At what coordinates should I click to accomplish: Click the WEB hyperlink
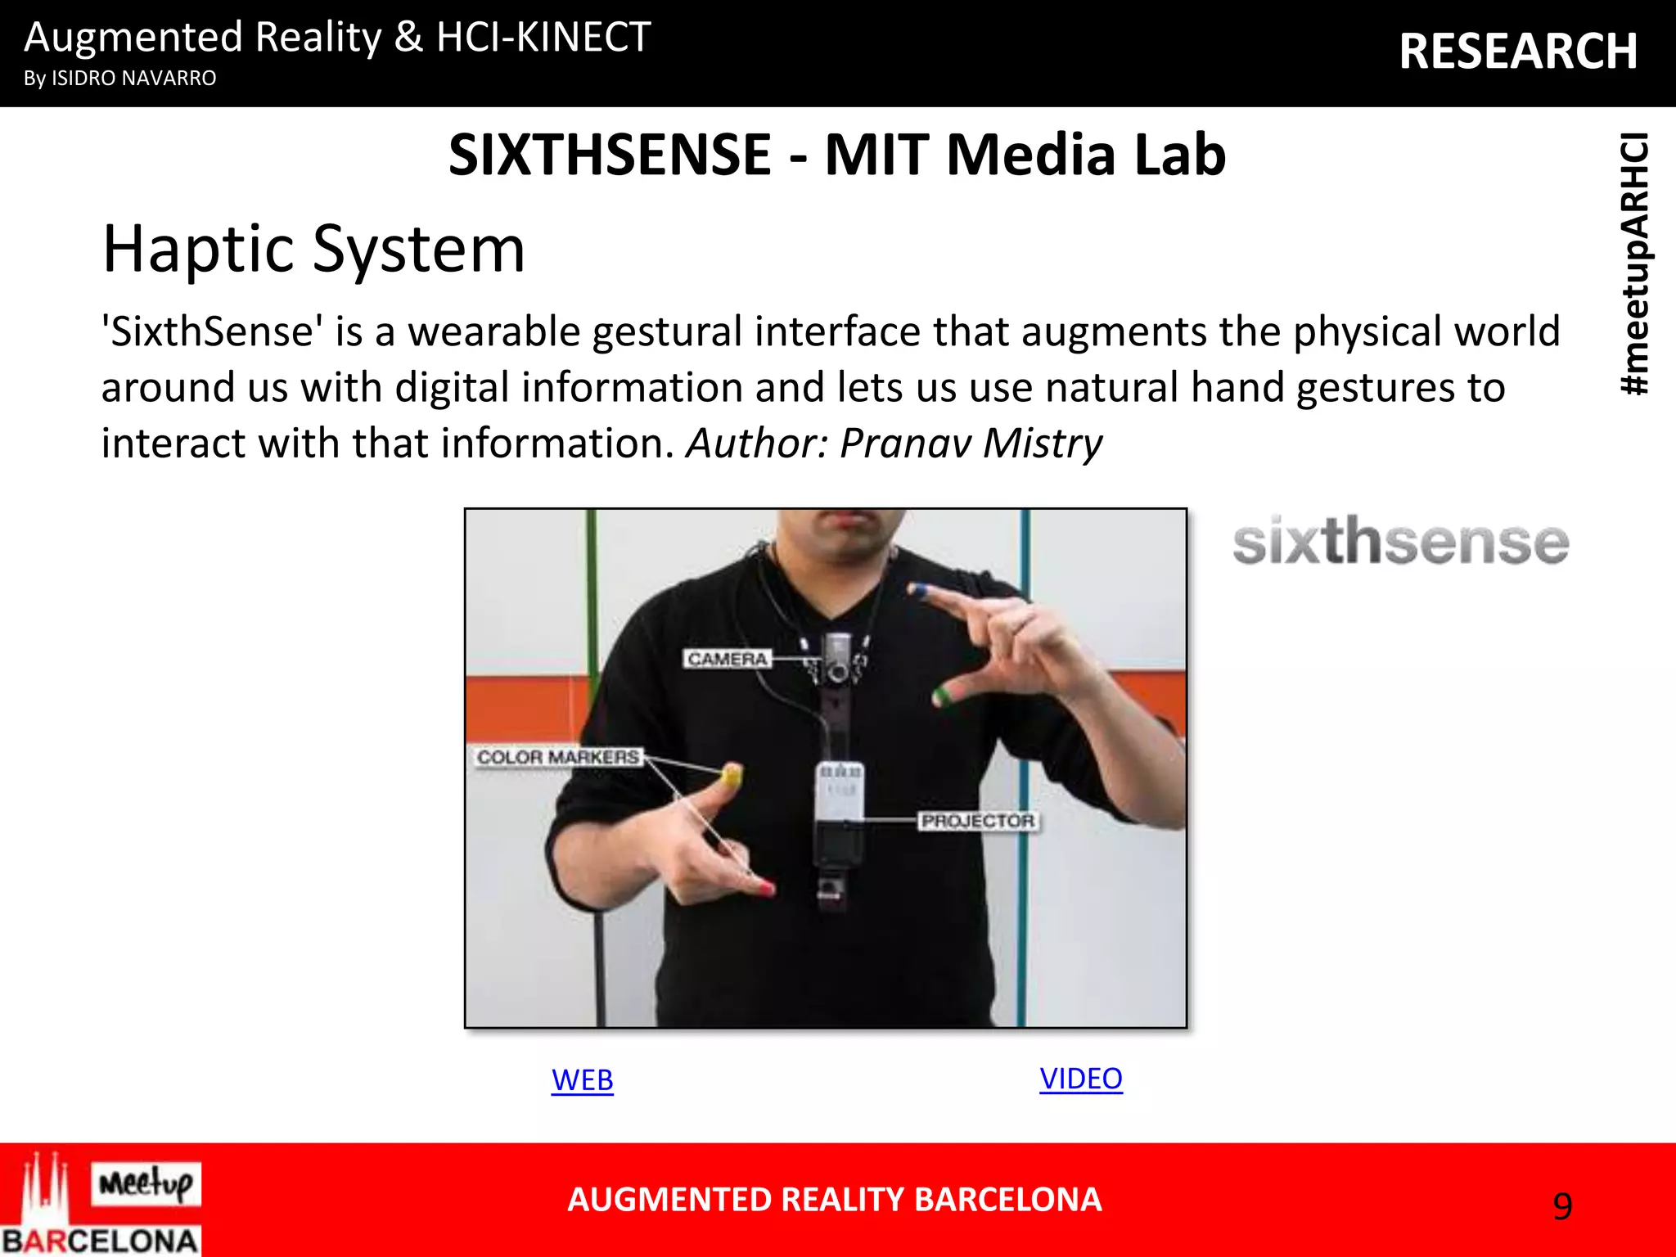(x=582, y=1080)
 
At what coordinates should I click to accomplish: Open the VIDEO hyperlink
(x=1080, y=1079)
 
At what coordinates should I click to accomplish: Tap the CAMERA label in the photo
(x=727, y=659)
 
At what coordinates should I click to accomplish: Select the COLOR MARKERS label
(x=558, y=757)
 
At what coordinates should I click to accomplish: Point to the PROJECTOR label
(x=978, y=821)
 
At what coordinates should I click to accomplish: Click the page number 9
(x=1562, y=1206)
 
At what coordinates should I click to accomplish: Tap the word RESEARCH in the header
(x=1518, y=52)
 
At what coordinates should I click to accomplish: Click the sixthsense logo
(x=1400, y=542)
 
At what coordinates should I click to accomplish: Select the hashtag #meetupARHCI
(x=1635, y=264)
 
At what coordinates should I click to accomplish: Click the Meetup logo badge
(x=146, y=1183)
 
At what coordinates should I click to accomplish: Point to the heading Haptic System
(x=313, y=249)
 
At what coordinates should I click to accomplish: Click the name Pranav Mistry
(x=971, y=443)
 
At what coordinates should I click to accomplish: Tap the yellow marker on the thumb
(x=731, y=776)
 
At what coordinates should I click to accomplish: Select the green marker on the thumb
(x=941, y=696)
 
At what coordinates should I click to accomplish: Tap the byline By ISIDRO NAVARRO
(x=120, y=79)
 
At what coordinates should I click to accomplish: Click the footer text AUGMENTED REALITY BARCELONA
(x=834, y=1200)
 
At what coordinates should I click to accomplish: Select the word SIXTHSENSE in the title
(x=610, y=155)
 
